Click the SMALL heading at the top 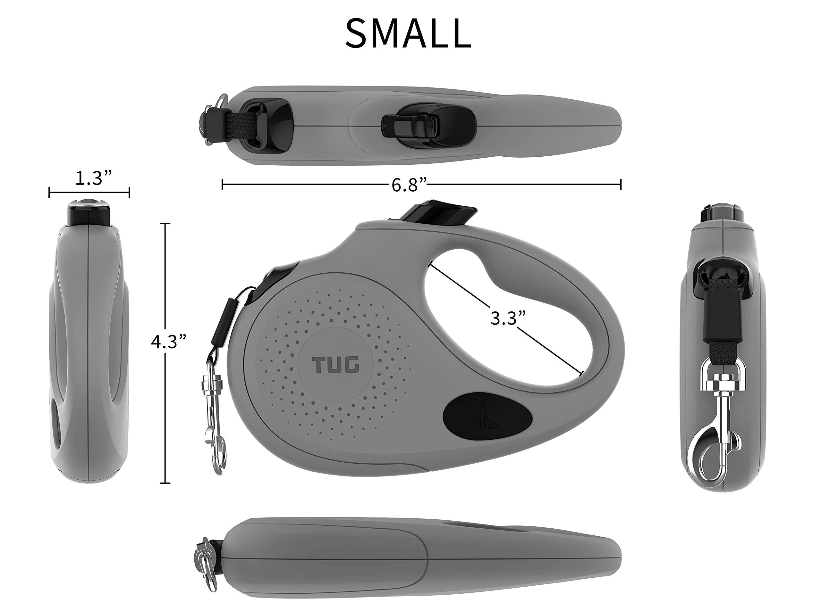point(408,34)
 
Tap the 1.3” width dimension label point(93,178)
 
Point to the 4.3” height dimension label point(168,341)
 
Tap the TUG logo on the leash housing point(335,365)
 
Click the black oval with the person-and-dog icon point(487,417)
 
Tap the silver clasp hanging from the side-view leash point(214,418)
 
